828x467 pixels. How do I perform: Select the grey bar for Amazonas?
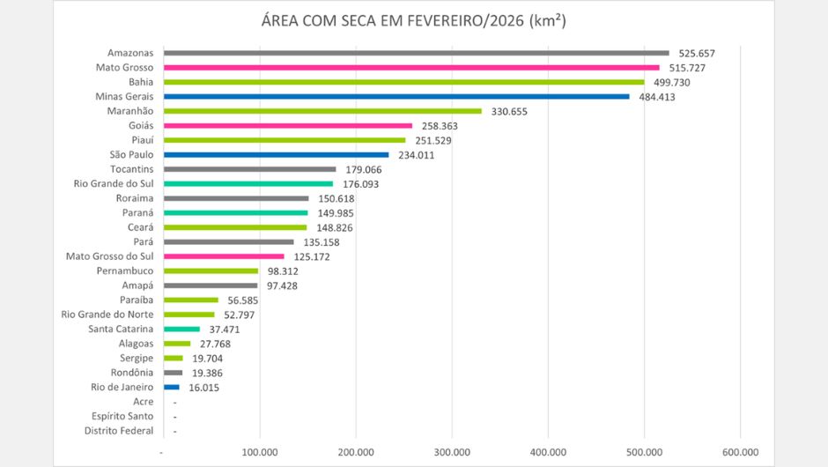pyautogui.click(x=416, y=53)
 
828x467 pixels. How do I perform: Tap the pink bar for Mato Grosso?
pyautogui.click(x=411, y=68)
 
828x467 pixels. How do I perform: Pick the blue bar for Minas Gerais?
pyautogui.click(x=396, y=97)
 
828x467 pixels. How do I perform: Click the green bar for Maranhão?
pyautogui.click(x=322, y=111)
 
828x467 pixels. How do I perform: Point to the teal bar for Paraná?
pyautogui.click(x=235, y=213)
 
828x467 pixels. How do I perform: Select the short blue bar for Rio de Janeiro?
pyautogui.click(x=171, y=387)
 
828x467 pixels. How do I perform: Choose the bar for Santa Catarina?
pyautogui.click(x=181, y=329)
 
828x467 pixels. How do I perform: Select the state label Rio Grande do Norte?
pyautogui.click(x=107, y=315)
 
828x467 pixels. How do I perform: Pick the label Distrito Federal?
pyautogui.click(x=119, y=431)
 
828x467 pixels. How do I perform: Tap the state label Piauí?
pyautogui.click(x=140, y=140)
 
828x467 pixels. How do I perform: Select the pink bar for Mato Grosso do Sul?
pyautogui.click(x=224, y=256)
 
